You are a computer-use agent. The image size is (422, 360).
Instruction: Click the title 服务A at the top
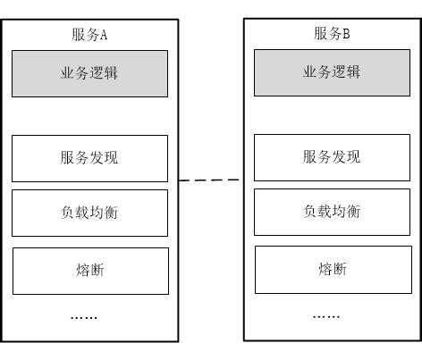tap(89, 36)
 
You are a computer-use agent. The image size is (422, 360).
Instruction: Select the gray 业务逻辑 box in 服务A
tap(89, 73)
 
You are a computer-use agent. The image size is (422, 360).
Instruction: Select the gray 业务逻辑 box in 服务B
tap(332, 72)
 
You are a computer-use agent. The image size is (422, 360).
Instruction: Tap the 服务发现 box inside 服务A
tap(89, 158)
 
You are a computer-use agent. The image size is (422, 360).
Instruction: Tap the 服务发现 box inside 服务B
tap(332, 157)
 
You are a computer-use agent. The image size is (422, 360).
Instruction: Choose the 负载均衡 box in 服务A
tap(89, 213)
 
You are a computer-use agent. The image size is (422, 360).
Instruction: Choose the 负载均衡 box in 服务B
tap(332, 212)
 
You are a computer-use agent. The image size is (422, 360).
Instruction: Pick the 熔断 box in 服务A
tap(89, 271)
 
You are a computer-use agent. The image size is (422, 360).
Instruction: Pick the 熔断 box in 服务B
tap(332, 269)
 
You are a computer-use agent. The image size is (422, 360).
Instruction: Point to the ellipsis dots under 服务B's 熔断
tap(326, 316)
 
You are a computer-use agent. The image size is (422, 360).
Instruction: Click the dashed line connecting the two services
tap(210, 180)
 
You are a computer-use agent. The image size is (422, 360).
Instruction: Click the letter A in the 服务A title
tap(104, 36)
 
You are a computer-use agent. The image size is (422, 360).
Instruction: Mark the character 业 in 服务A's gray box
tap(68, 73)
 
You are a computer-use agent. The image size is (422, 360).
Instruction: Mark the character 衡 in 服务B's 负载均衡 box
tap(353, 212)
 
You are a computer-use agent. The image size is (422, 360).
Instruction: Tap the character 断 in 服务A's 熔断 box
tap(97, 271)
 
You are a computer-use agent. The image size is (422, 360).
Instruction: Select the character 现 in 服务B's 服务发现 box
tap(353, 157)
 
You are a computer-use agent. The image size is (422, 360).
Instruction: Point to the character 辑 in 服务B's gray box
tap(353, 72)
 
